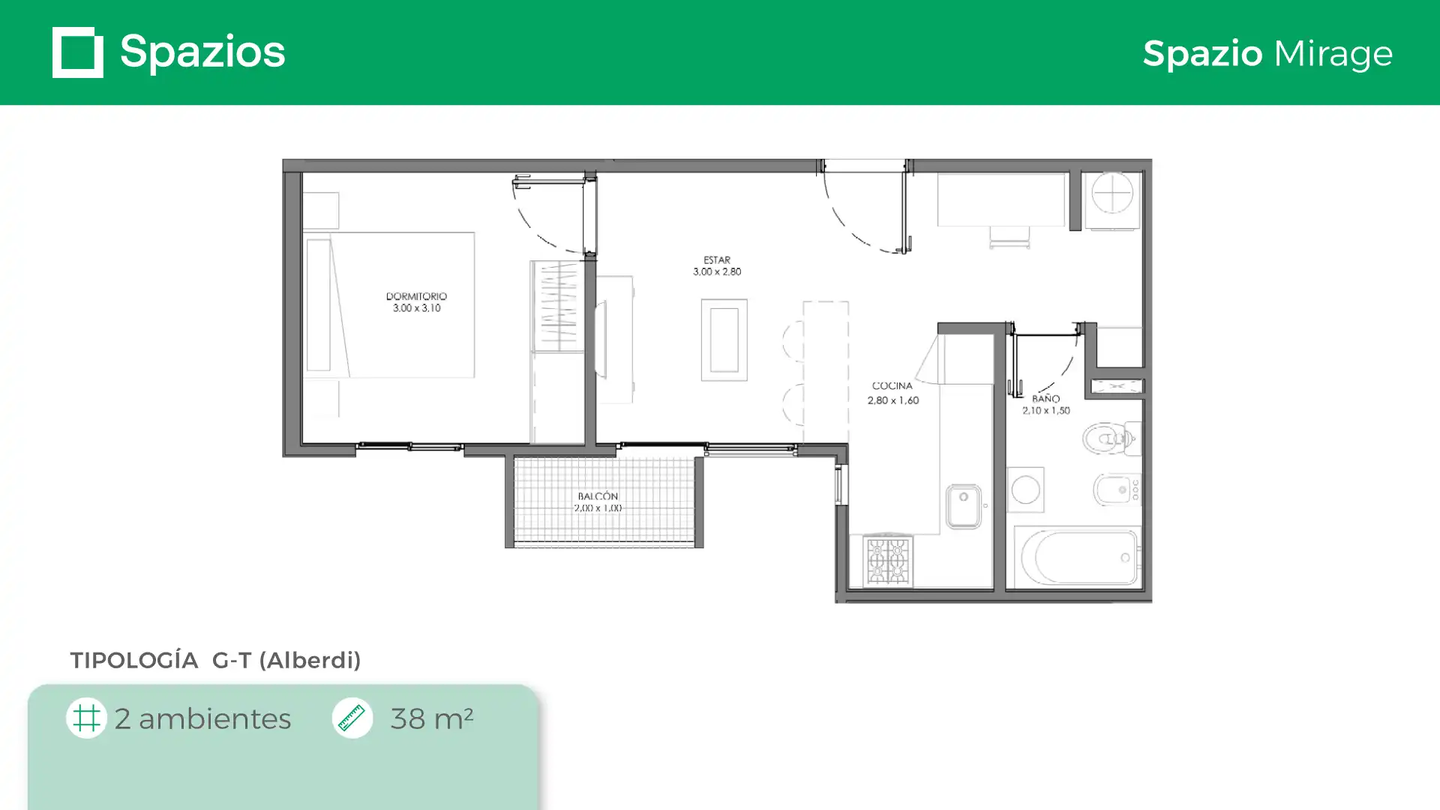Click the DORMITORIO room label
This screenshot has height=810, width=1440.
click(416, 296)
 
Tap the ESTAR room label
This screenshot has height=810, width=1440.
click(717, 260)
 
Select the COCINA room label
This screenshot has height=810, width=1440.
click(892, 385)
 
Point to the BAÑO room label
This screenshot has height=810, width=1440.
click(1045, 398)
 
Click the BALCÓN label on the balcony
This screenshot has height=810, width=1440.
click(598, 496)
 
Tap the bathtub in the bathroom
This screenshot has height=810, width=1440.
click(1078, 557)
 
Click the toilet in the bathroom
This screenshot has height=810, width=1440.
click(1111, 439)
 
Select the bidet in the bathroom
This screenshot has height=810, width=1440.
click(1117, 490)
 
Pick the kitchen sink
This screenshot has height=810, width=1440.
click(964, 506)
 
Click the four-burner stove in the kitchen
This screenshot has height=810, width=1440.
click(888, 560)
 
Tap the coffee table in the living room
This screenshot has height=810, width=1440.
click(724, 340)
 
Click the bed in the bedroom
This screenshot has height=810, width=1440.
click(389, 304)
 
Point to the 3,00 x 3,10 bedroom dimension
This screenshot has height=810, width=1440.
click(417, 308)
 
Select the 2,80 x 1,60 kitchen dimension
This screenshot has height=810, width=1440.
click(893, 400)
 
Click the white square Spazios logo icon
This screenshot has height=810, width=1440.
click(78, 52)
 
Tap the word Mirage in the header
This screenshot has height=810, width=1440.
click(1333, 53)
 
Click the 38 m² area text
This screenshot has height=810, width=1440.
click(432, 718)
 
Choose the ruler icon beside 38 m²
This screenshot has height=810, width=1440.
click(352, 718)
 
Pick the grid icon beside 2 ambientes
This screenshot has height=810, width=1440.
click(86, 718)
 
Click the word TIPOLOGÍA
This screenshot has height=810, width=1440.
click(134, 660)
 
